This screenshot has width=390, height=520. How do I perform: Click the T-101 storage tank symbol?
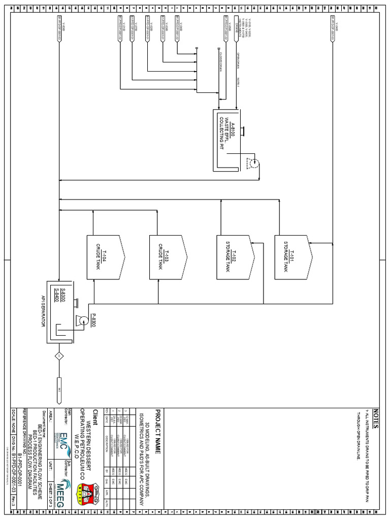click(x=292, y=257)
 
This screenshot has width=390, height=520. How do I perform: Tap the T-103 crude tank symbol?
click(x=167, y=257)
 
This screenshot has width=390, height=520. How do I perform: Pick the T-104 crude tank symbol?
click(x=105, y=257)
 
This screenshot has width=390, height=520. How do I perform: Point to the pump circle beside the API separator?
click(x=81, y=320)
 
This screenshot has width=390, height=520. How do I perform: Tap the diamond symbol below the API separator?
click(x=59, y=355)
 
